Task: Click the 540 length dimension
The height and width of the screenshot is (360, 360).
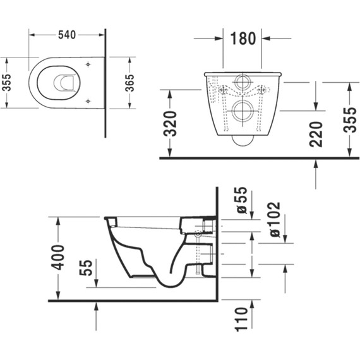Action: pyautogui.click(x=67, y=35)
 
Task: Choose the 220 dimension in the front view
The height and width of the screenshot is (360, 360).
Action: pyautogui.click(x=316, y=133)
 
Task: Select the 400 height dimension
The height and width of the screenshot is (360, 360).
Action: pyautogui.click(x=58, y=258)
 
